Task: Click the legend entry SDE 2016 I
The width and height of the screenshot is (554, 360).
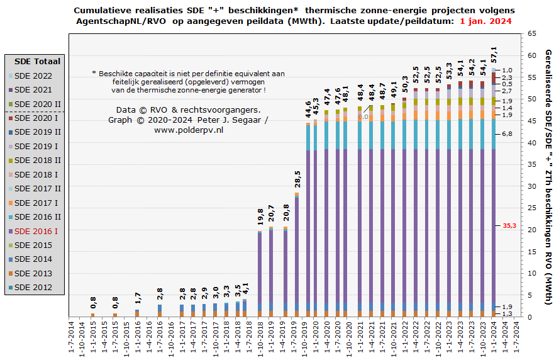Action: [36, 231]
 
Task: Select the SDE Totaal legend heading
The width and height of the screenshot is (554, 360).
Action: [37, 61]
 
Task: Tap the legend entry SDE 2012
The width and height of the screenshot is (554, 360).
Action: [37, 288]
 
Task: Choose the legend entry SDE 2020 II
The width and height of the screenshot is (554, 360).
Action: [37, 104]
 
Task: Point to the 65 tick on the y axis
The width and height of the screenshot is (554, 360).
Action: [531, 33]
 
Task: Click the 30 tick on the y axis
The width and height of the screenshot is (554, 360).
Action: [531, 186]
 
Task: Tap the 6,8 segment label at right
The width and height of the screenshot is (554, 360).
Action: [507, 134]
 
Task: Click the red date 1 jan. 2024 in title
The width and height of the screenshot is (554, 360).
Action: [485, 21]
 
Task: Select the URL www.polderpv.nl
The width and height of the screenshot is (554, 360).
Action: [189, 130]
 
